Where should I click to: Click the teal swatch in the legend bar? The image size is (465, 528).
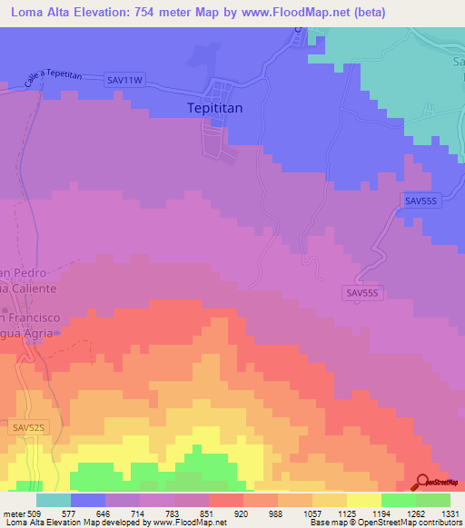(54, 500)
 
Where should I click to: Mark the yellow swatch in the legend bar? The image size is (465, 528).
(364, 500)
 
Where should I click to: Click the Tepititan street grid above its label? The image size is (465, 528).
(219, 92)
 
